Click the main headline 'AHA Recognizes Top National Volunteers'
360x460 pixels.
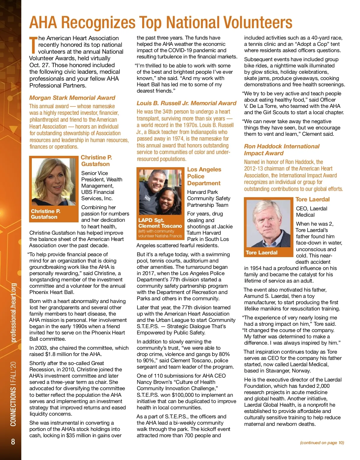[x=160, y=22]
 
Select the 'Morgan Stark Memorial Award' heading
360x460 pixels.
[x=72, y=98]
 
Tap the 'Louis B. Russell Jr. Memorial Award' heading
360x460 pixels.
[x=186, y=103]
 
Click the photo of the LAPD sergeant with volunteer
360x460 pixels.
[x=159, y=192]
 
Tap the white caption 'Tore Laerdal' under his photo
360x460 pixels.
[x=261, y=253]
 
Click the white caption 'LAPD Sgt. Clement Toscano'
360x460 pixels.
[x=160, y=223]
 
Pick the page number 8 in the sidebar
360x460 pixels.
[x=13, y=442]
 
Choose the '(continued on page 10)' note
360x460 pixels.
[x=322, y=443]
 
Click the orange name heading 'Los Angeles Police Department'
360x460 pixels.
[x=204, y=176]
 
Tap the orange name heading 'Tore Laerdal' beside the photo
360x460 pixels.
[x=312, y=199]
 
